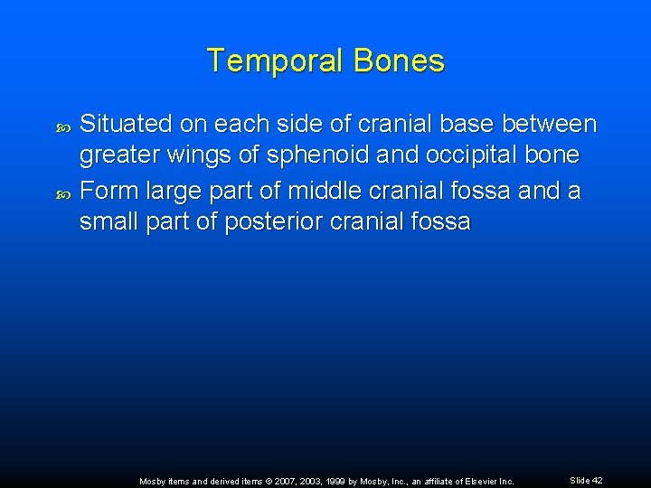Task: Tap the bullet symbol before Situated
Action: [62, 126]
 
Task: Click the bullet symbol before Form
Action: [62, 192]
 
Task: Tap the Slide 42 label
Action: [586, 481]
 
